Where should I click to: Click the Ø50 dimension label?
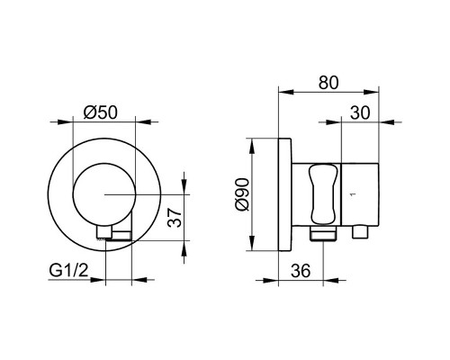pos(101,112)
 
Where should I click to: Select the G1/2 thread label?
pos(68,271)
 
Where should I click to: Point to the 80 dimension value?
pos(328,83)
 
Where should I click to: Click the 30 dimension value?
pos(360,113)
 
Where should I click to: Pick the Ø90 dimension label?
pos(242,194)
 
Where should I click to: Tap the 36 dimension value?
pos(301,271)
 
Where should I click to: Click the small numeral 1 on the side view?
pos(353,194)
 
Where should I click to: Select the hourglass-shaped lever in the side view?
pos(323,194)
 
